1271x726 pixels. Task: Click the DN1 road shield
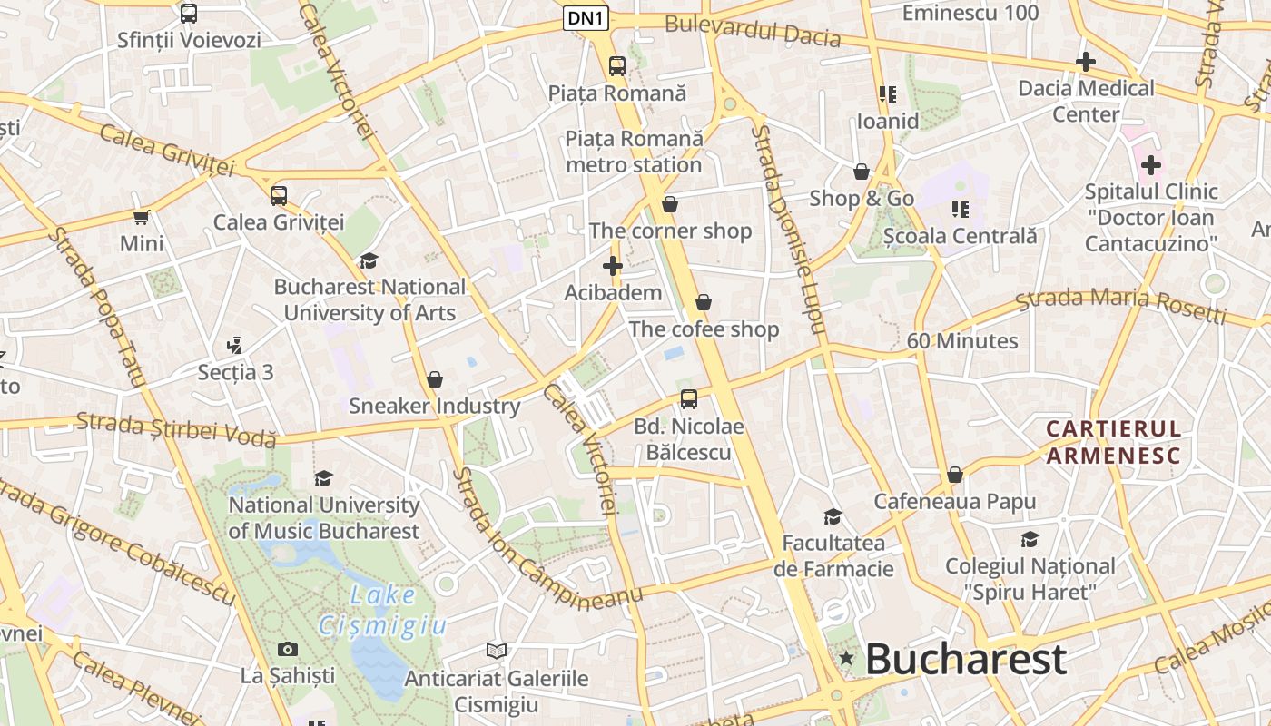point(586,17)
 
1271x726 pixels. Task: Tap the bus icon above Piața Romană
point(617,65)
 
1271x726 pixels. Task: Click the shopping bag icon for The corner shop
point(670,204)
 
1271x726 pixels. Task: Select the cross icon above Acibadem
point(613,266)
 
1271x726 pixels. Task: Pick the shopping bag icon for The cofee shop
point(704,302)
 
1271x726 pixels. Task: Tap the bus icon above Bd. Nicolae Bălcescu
point(689,398)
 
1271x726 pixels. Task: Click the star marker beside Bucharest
point(847,657)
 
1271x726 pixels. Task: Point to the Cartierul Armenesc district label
point(1113,441)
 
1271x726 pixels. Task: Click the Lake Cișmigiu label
point(383,610)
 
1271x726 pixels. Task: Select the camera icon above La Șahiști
point(288,649)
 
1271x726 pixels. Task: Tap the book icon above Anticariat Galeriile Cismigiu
point(496,651)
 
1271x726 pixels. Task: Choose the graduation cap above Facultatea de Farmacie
point(833,516)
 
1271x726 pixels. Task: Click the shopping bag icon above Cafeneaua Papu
point(954,475)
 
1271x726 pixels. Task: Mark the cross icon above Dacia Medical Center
point(1085,62)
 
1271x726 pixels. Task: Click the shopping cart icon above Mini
point(142,217)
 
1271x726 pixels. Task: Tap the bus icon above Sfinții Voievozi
point(189,14)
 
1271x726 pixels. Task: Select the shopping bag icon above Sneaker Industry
point(435,378)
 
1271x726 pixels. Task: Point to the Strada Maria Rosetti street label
point(1121,304)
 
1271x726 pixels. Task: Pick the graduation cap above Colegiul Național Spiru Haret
point(1030,540)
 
